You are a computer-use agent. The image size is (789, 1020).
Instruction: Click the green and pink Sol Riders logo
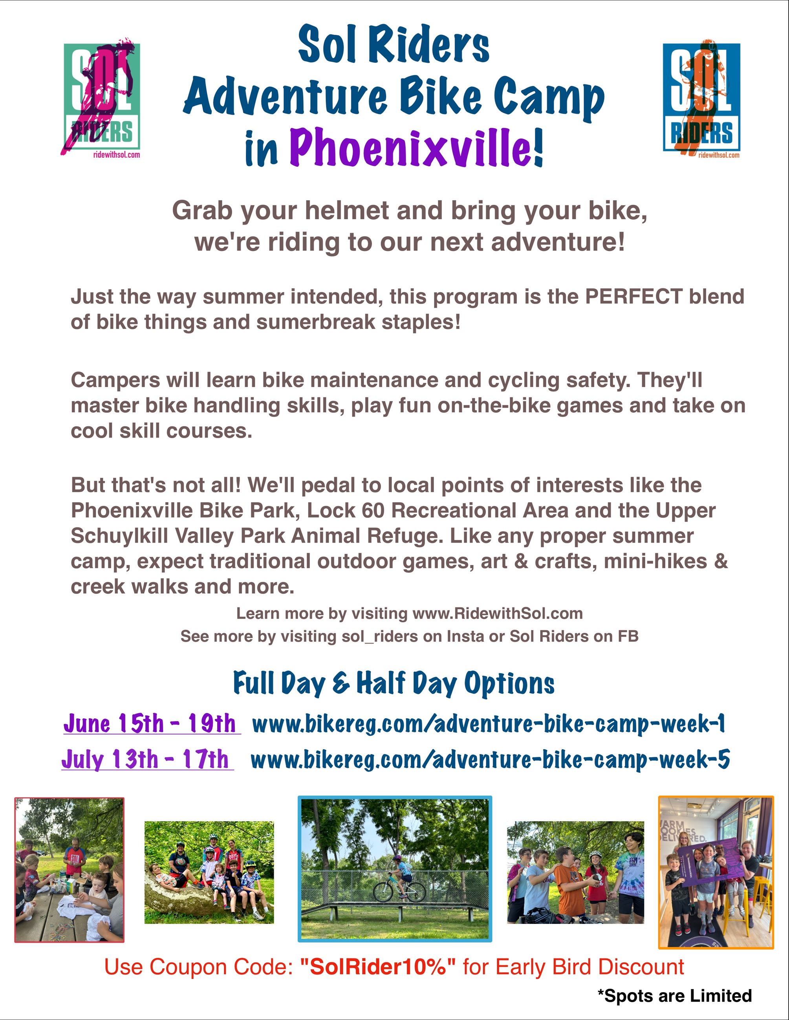tap(101, 98)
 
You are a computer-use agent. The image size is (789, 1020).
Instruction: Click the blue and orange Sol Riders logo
tap(701, 98)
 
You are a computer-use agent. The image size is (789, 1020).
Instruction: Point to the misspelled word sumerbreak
tap(316, 322)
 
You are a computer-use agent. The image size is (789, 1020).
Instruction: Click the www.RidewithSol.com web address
tap(497, 613)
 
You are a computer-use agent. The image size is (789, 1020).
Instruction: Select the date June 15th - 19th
tap(150, 723)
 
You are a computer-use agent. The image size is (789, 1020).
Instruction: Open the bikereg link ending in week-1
tap(489, 724)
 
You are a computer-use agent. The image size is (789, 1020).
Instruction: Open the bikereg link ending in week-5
tap(490, 760)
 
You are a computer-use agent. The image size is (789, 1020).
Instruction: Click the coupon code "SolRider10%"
tap(378, 967)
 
